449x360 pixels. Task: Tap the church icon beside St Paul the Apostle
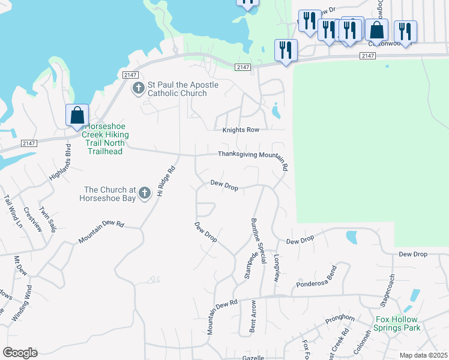click(x=138, y=89)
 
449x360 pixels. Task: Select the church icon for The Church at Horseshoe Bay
click(x=144, y=193)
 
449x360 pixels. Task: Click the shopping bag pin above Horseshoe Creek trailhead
click(x=77, y=115)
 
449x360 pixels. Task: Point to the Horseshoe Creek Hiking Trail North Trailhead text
click(x=104, y=139)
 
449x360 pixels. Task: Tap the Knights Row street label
click(x=241, y=130)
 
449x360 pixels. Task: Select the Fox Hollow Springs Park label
click(x=397, y=323)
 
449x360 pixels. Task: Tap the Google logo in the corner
click(x=20, y=353)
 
